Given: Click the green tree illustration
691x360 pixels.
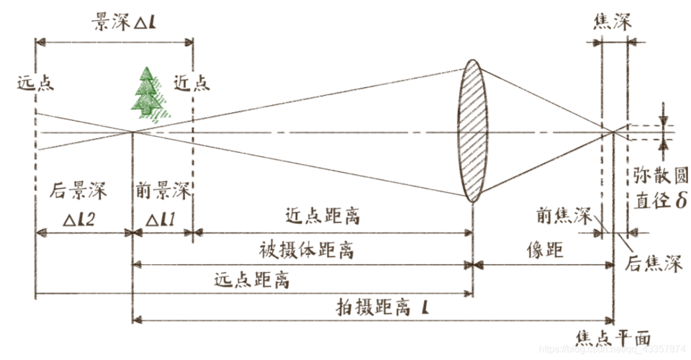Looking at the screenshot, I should (149, 93).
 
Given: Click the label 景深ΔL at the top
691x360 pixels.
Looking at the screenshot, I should (115, 22).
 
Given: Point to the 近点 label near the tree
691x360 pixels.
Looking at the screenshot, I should (192, 84).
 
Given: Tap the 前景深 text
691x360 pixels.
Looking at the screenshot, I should (163, 192).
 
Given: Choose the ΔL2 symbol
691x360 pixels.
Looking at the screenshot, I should (81, 217).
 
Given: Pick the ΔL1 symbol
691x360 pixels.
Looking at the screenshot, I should (161, 217).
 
